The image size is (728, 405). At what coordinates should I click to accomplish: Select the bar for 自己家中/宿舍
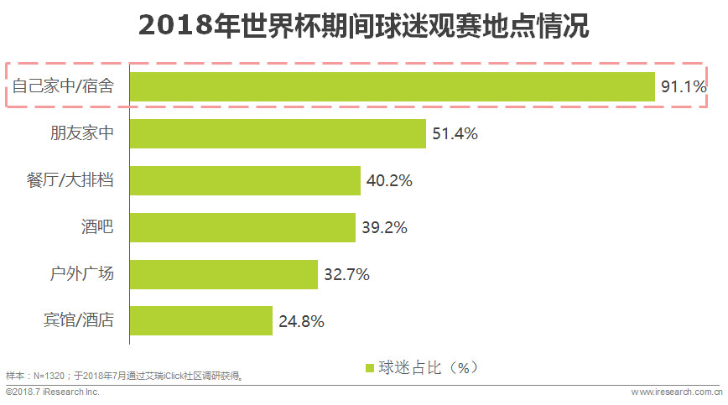coord(392,86)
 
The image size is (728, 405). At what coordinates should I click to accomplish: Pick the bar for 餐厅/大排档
coord(245,180)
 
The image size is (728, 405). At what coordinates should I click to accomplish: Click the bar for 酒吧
coord(242,226)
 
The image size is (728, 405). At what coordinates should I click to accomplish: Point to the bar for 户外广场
coord(224,273)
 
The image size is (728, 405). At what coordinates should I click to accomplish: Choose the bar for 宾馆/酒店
coord(201,320)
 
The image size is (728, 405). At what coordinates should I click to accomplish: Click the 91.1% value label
coord(684,87)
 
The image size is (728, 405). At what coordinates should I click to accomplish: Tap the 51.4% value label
coord(455,134)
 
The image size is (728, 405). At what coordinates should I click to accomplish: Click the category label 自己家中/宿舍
coord(64,86)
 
